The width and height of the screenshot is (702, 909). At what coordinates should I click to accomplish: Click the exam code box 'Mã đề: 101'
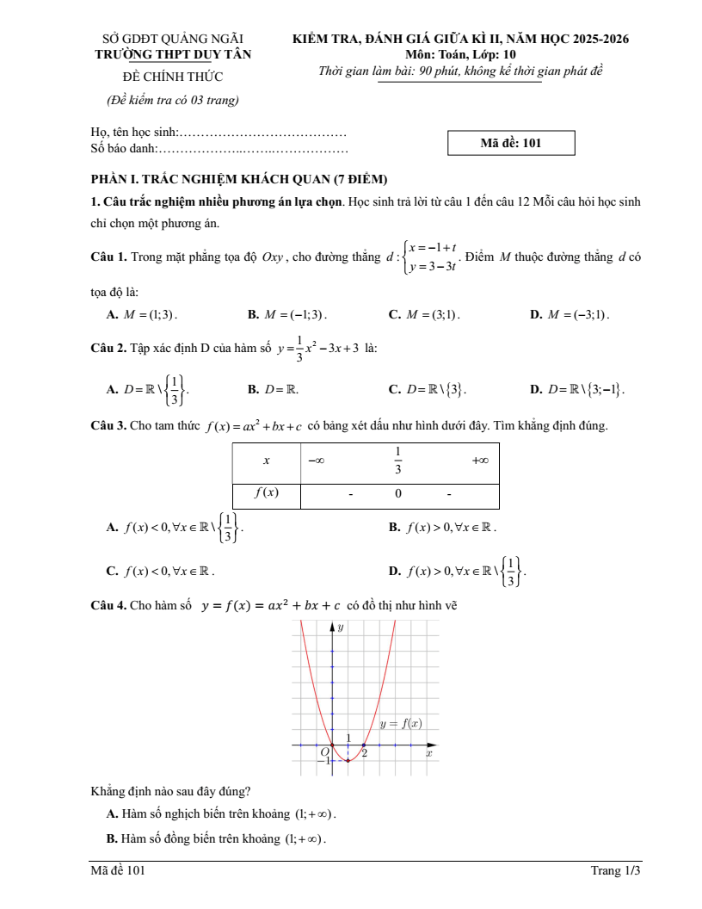(x=511, y=143)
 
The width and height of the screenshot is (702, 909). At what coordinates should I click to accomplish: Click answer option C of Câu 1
(x=424, y=315)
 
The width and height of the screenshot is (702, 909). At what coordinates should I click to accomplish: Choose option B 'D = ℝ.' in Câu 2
(x=274, y=389)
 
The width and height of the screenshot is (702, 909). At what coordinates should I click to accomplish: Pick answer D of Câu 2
(x=577, y=389)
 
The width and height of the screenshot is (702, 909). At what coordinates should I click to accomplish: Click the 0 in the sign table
(x=398, y=494)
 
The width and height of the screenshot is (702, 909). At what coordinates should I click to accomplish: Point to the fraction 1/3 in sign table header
(x=398, y=461)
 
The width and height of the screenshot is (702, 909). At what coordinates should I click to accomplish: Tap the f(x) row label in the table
(x=266, y=493)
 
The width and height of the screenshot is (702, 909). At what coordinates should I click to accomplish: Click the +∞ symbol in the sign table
(x=480, y=461)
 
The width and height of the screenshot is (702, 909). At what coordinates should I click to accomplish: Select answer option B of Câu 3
(x=442, y=527)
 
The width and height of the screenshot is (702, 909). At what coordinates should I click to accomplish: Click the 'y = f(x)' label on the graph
(x=401, y=724)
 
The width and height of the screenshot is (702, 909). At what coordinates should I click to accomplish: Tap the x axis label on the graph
(x=429, y=753)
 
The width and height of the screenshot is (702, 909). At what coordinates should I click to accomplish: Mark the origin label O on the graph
(x=324, y=751)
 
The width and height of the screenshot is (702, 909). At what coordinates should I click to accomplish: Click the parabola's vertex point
(x=348, y=761)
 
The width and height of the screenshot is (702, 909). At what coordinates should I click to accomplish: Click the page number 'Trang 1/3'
(x=615, y=871)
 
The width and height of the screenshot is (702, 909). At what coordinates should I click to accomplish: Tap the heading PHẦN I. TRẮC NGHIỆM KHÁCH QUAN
(x=239, y=179)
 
